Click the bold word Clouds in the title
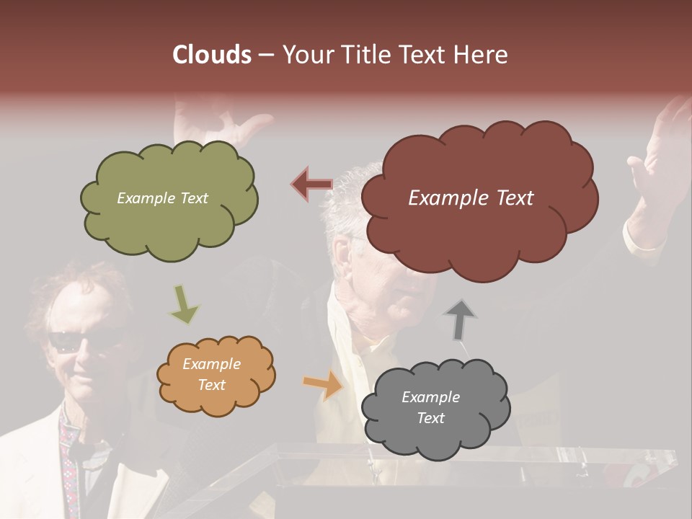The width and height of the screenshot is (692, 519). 212,55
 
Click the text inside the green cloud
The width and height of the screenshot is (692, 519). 162,198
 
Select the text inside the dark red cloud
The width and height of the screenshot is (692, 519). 471,198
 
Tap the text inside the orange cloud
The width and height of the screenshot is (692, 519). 211,374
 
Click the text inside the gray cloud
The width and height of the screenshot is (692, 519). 430,407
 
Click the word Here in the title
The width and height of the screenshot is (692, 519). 481,55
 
